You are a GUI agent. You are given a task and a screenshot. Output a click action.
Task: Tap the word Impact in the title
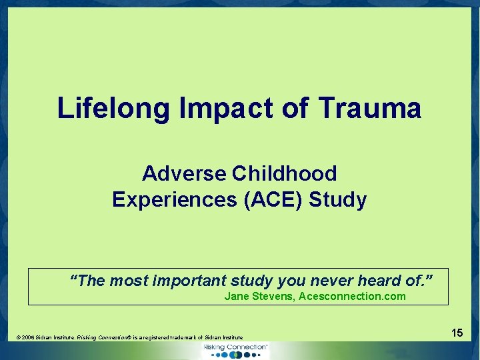tap(210, 108)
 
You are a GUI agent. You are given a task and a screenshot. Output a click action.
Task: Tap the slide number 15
tap(457, 332)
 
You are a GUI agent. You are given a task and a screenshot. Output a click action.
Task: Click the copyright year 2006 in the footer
tap(29, 338)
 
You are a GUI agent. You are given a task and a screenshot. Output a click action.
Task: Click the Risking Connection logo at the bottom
tap(235, 350)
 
